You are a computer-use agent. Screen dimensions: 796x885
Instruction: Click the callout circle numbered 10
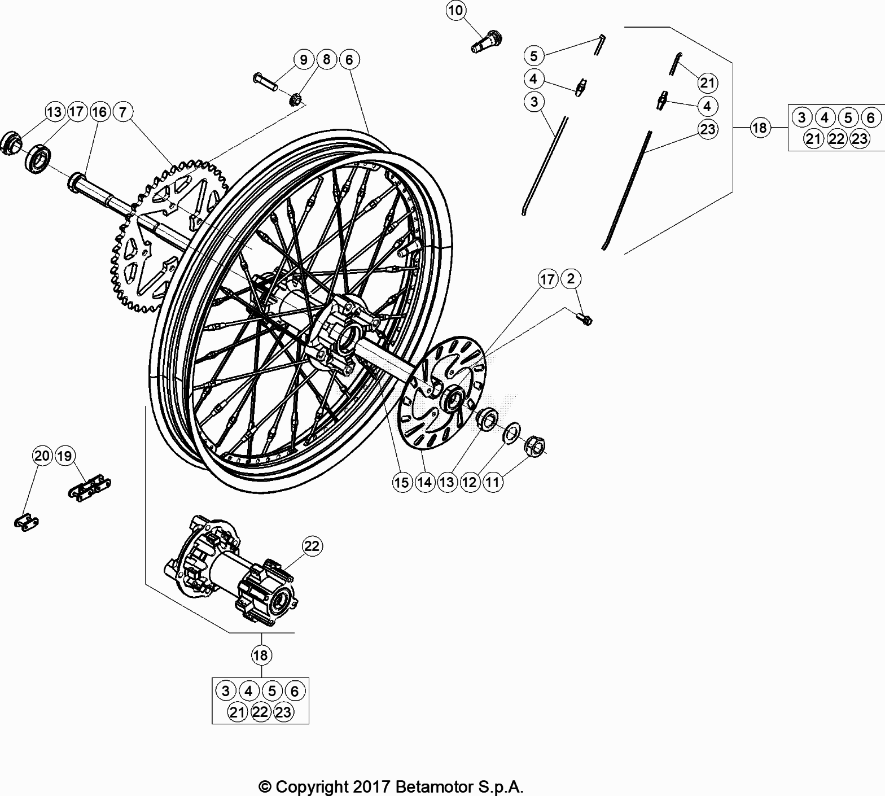(x=457, y=10)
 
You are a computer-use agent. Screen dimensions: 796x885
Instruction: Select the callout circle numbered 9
(x=304, y=59)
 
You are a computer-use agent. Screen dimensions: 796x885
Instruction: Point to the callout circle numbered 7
(x=124, y=112)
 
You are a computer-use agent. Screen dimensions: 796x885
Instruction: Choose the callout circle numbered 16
(x=99, y=112)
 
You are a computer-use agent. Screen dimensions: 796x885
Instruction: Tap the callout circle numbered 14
(x=424, y=482)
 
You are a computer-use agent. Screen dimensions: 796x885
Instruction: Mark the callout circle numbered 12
(x=470, y=482)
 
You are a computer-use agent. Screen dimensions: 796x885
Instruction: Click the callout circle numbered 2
(x=571, y=278)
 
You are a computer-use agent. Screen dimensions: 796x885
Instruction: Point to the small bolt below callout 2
(x=585, y=320)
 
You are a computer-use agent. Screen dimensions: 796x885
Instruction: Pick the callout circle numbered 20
(x=42, y=456)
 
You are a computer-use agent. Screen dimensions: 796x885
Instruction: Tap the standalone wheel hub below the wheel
(x=231, y=570)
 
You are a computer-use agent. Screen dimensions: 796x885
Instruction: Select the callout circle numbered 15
(x=402, y=482)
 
